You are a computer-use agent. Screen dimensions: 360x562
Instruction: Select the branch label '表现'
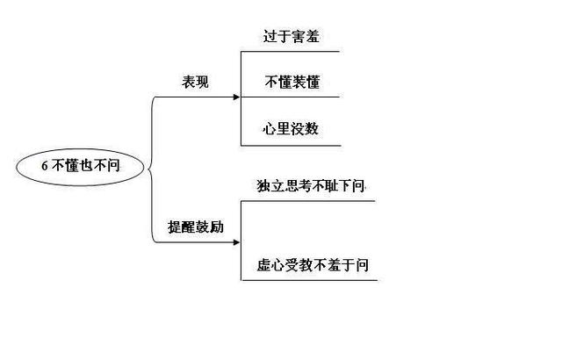coord(195,83)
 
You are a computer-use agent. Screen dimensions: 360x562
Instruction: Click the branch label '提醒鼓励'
coord(196,227)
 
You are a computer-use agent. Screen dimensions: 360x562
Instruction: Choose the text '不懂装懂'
coord(292,83)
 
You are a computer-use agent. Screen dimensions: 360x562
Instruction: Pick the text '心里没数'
coord(291,129)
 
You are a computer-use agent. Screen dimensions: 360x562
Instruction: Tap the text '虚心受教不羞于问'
coord(309,265)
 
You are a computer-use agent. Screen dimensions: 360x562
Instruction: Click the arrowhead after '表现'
coord(235,97)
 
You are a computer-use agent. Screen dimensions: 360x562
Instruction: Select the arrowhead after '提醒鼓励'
coord(235,241)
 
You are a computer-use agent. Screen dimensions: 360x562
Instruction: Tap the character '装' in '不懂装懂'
coord(299,83)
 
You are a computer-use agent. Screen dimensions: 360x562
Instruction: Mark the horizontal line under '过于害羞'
coord(290,52)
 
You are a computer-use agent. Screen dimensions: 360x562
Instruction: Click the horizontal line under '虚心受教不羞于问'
coord(309,280)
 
